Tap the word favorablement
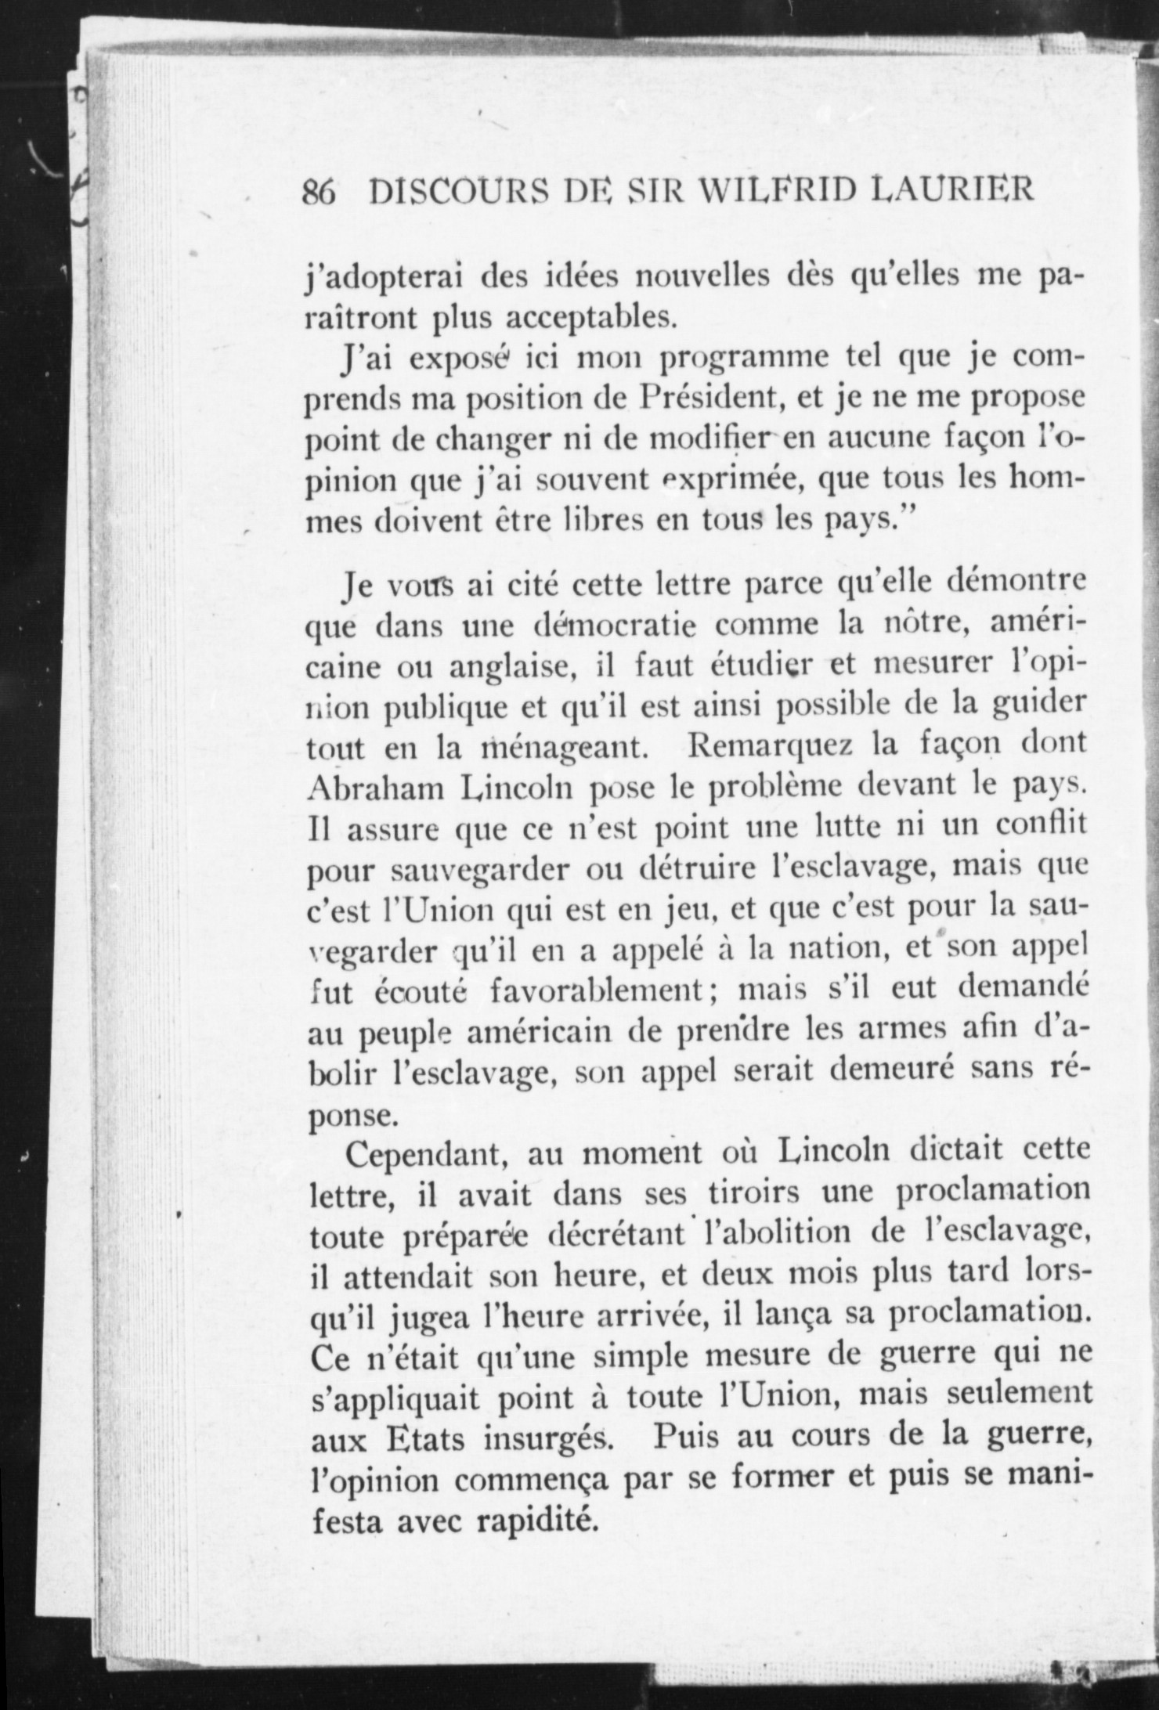(598, 991)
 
